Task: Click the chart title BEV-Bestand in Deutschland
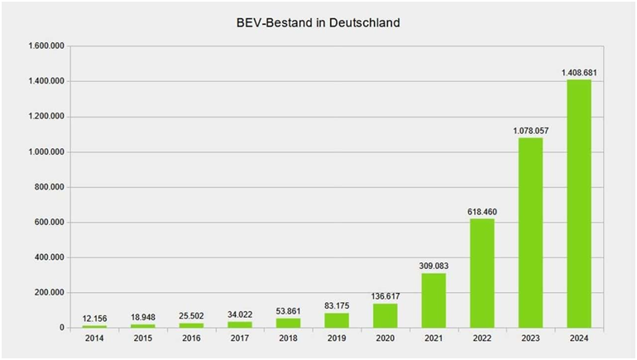[x=318, y=23]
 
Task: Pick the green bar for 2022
[x=482, y=273]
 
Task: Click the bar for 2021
[x=433, y=300]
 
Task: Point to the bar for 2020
[x=386, y=315]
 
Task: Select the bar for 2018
[x=288, y=323]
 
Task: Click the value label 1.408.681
[x=579, y=73]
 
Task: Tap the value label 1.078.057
[x=530, y=131]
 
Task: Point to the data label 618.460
[x=482, y=212]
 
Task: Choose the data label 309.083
[x=433, y=266]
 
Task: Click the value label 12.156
[x=94, y=319]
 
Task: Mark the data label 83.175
[x=337, y=306]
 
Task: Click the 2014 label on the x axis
[x=94, y=339]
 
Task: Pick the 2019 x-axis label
[x=337, y=339]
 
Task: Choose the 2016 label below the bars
[x=191, y=339]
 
